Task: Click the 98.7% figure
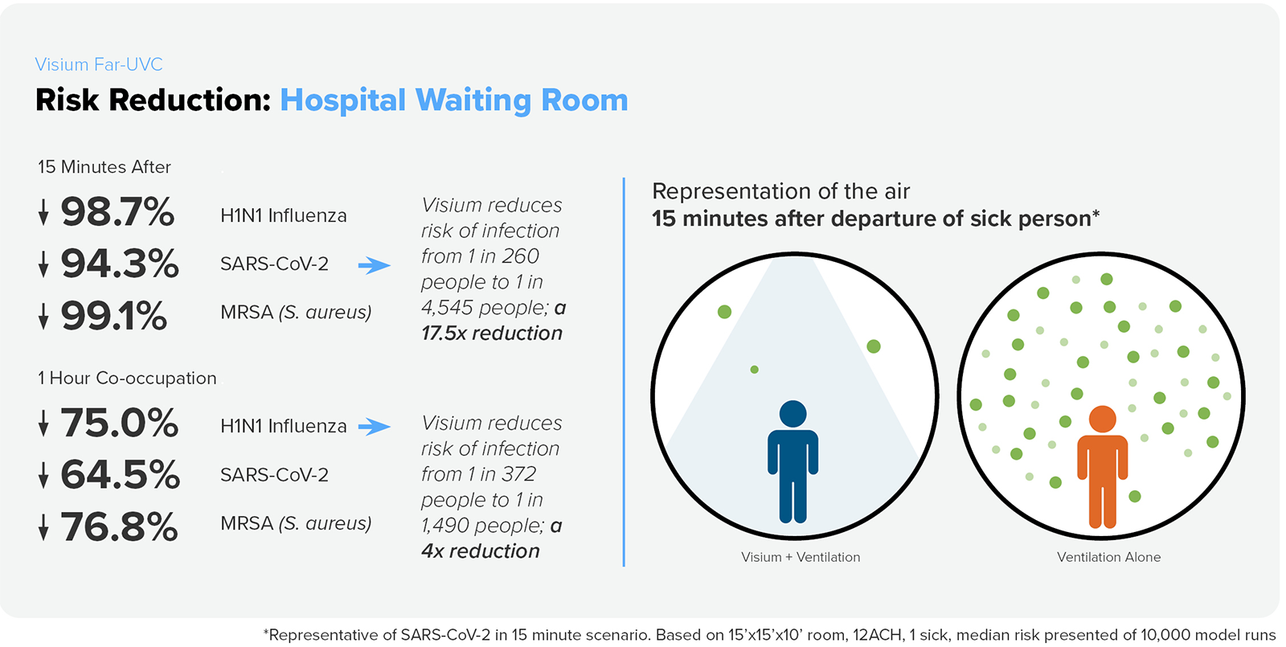tap(117, 212)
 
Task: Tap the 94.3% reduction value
tap(120, 264)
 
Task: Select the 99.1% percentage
tap(114, 316)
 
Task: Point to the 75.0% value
tap(120, 423)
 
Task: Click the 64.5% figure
tap(121, 474)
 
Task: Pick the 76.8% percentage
tap(119, 527)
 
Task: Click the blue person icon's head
tap(792, 413)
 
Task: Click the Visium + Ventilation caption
tap(801, 557)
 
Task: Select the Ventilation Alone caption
tap(1108, 557)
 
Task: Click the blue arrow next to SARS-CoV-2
tap(374, 265)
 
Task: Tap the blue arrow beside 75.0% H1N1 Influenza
tap(374, 427)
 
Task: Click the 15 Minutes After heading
tap(104, 167)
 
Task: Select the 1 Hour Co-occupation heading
tap(127, 378)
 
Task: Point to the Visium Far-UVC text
tap(99, 64)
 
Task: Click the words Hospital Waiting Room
tap(453, 100)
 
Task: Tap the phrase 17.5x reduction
tap(492, 334)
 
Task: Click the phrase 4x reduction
tap(481, 551)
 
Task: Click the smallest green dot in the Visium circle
tap(754, 370)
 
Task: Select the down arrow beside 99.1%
tap(43, 317)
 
